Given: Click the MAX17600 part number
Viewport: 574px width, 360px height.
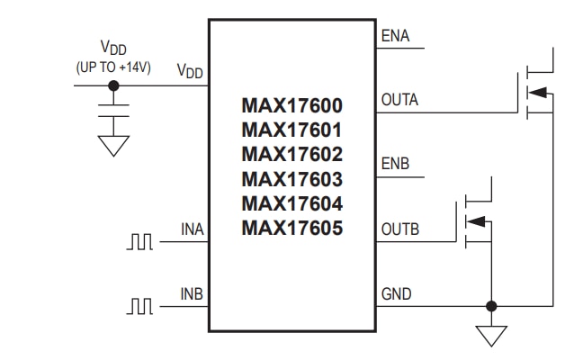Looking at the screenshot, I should point(291,106).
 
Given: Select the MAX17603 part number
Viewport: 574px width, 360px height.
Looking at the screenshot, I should point(291,179).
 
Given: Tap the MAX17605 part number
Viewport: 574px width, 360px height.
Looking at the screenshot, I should point(291,228).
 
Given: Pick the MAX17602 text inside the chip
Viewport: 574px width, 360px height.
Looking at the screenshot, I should point(291,155).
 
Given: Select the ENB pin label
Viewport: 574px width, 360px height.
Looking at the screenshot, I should point(396,165).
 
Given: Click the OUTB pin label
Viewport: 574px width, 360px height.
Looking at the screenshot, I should point(400,230).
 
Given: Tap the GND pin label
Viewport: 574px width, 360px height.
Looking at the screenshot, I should point(397,294).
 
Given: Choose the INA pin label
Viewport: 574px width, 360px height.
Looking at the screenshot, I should point(193,230).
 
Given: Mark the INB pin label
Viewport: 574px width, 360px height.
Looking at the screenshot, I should point(193,294).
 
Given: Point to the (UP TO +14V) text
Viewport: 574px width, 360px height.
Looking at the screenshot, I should point(112,67).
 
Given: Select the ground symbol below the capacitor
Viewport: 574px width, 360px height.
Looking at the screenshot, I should point(112,147).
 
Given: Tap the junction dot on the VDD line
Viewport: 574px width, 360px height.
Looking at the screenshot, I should point(112,85).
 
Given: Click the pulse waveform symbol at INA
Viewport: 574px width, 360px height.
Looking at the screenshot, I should point(141,242).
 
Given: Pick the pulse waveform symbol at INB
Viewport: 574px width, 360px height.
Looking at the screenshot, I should point(141,307).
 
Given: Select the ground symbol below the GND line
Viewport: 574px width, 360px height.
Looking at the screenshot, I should point(491,335).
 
